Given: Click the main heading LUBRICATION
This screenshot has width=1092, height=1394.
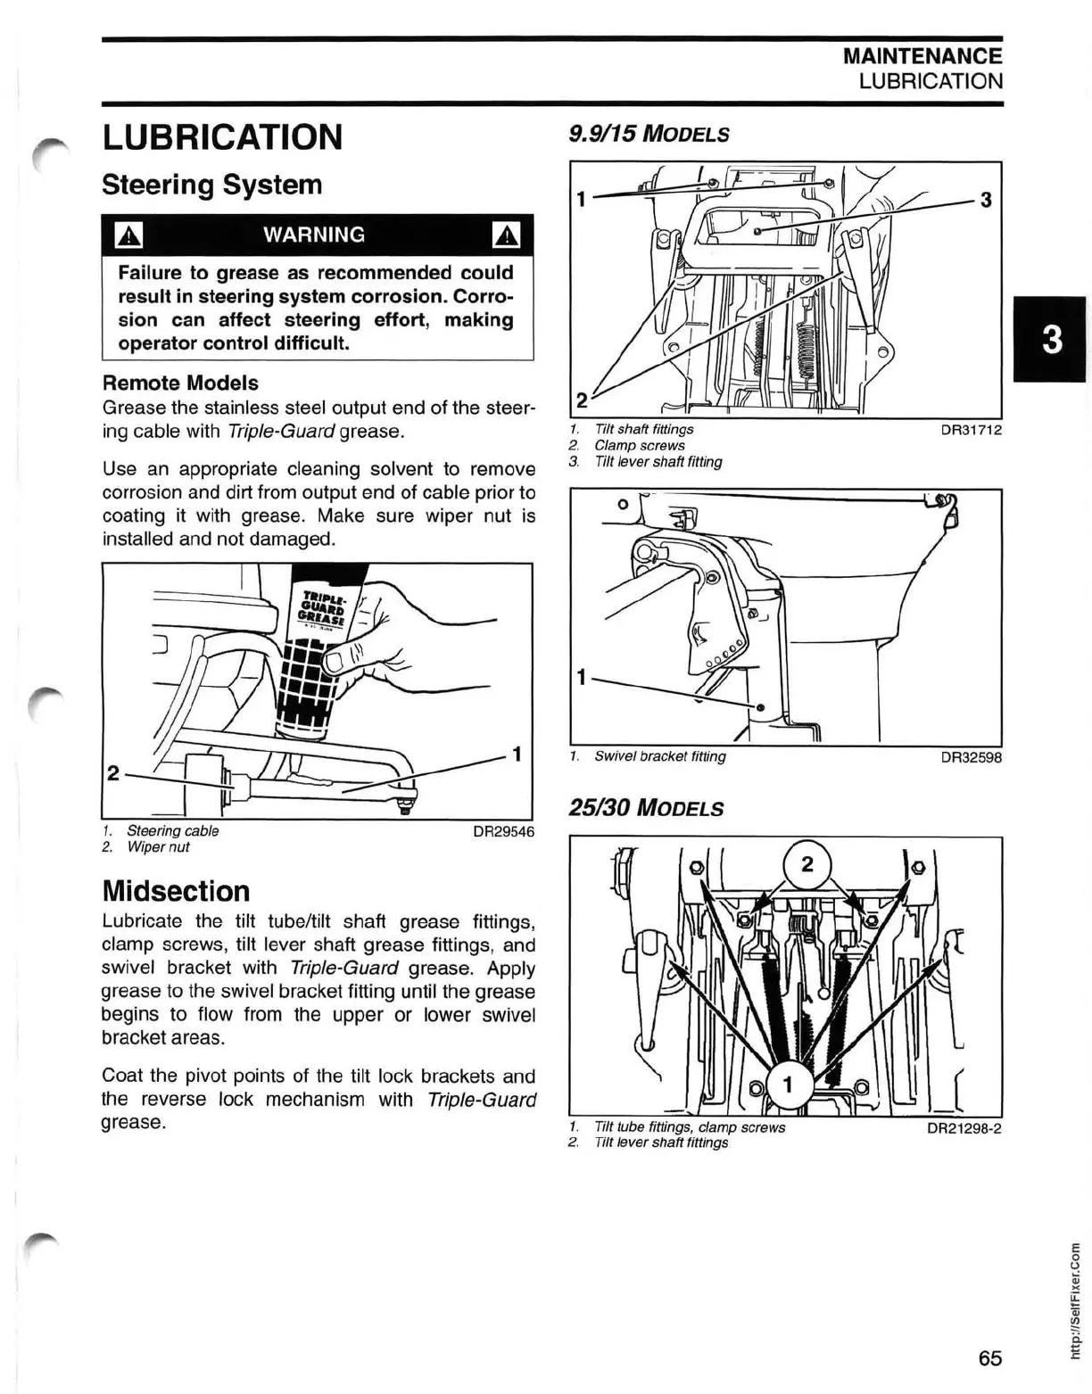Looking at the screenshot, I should (222, 137).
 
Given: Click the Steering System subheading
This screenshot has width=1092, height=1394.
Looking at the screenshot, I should (211, 185).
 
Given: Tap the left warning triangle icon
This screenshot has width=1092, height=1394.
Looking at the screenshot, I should (129, 235).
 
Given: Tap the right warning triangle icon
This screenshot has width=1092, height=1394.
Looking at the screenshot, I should (507, 235).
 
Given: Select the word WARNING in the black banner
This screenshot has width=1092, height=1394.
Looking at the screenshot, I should (314, 235).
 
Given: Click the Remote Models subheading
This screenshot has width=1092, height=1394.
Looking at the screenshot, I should (180, 383).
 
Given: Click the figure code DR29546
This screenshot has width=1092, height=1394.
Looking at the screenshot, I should (503, 831).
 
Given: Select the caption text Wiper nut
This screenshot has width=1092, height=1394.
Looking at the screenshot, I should (158, 847).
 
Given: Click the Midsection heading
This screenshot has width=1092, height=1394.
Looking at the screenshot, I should (176, 891).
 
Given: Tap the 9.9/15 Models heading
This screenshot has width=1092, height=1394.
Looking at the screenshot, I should (649, 135).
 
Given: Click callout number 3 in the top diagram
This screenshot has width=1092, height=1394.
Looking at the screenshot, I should (986, 200).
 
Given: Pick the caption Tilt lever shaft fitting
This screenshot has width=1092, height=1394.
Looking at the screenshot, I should (658, 462).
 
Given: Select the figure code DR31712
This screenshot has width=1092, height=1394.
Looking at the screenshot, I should (971, 430).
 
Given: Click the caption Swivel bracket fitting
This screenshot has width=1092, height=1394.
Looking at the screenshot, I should (659, 756).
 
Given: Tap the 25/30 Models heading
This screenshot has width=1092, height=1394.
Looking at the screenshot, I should (646, 808).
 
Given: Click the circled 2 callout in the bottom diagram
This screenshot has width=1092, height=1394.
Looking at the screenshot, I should (807, 864).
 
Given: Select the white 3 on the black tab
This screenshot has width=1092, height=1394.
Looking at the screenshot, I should (1052, 340).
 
